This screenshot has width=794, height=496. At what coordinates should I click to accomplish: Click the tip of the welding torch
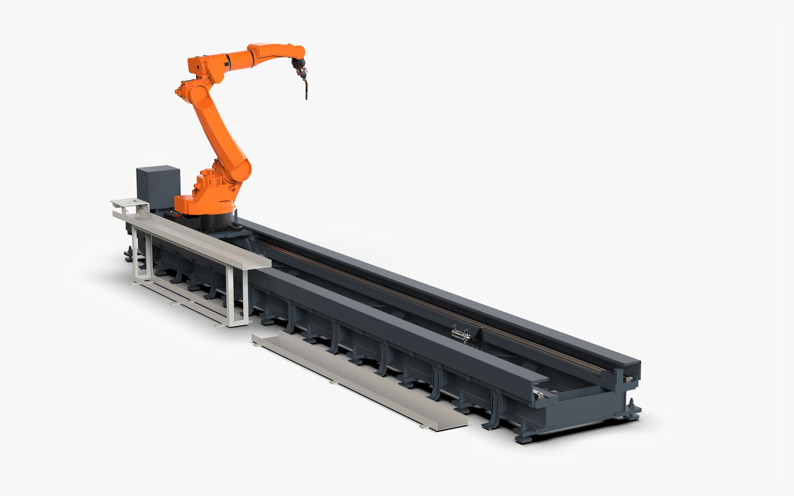click(x=306, y=97)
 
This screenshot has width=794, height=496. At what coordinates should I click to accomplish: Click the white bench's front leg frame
click(x=236, y=296)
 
